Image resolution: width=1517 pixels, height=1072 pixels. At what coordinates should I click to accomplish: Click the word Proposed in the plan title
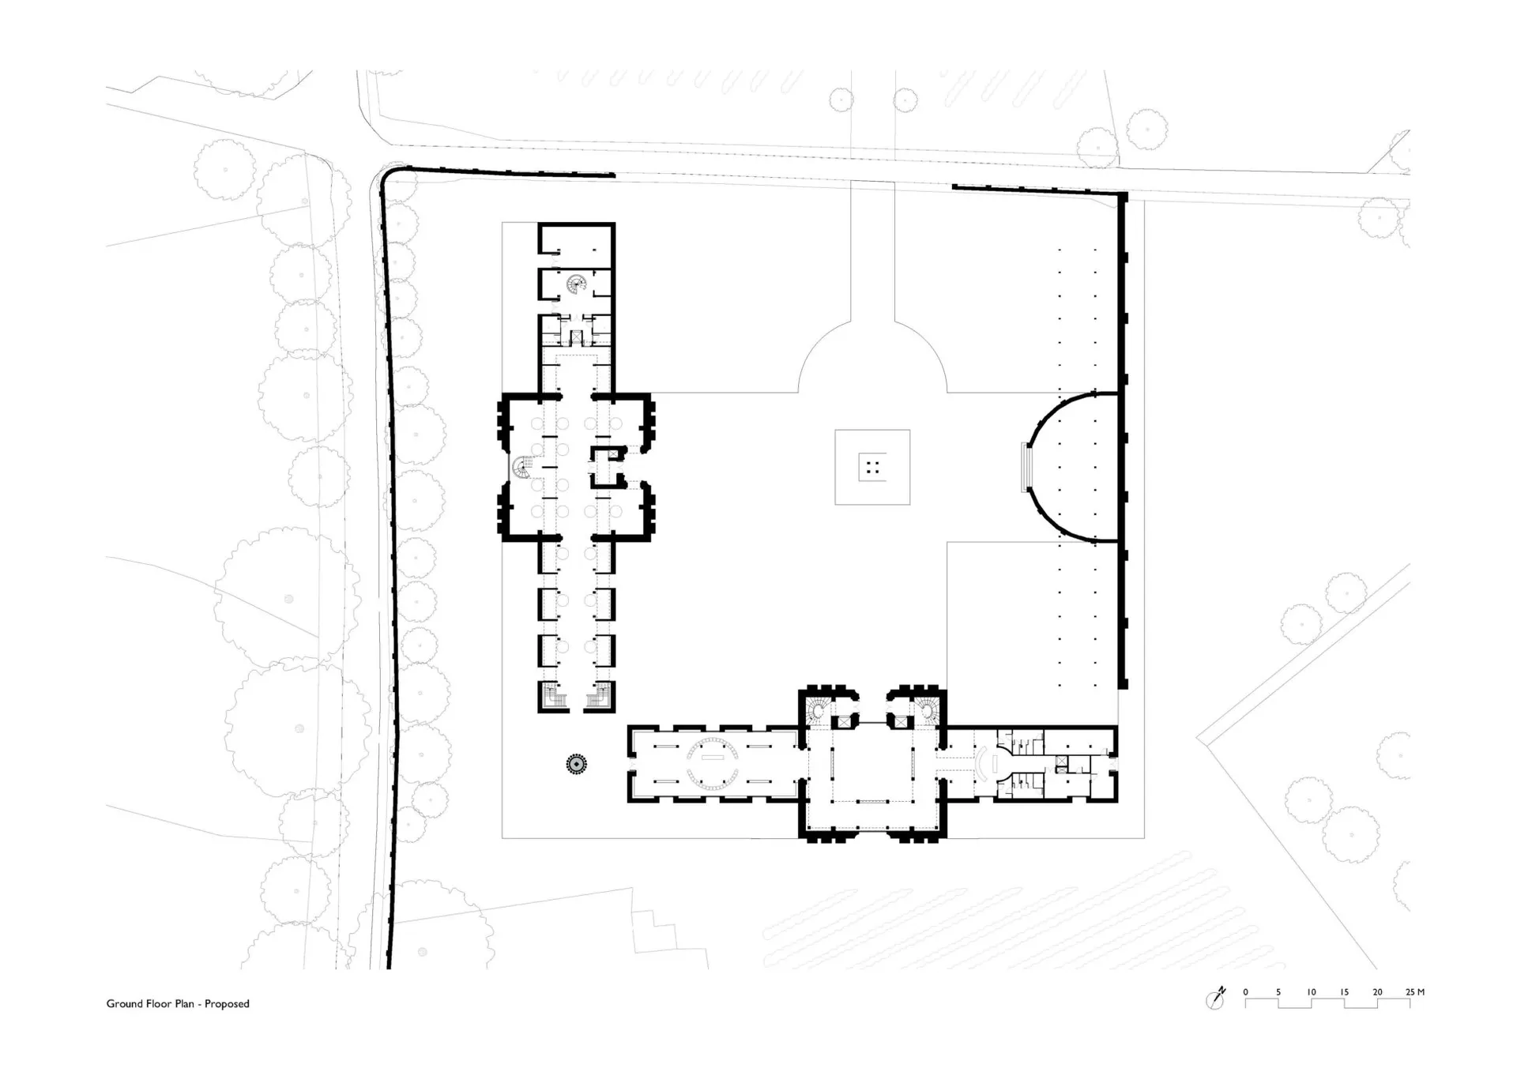pos(227,1004)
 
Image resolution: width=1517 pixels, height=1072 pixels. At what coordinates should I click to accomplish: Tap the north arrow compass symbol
pos(1216,999)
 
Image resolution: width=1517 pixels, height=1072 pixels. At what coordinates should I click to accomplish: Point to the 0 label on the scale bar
pos(1246,992)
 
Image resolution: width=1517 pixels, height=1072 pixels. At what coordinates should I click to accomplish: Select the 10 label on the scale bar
pos(1312,992)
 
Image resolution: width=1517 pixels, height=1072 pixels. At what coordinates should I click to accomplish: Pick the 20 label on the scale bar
pos(1378,992)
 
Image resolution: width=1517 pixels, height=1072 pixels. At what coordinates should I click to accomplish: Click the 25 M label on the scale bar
pos(1415,992)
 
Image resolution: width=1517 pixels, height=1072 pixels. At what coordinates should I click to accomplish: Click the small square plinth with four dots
pos(872,468)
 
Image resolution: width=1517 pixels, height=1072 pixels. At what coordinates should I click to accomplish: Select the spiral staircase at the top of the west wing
pos(577,283)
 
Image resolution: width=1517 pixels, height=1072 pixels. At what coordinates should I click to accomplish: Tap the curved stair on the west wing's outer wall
pos(521,468)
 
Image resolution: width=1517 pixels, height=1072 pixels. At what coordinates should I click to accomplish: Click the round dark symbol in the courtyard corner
pos(577,764)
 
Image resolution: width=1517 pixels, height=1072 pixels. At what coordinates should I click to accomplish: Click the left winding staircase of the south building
pos(817,710)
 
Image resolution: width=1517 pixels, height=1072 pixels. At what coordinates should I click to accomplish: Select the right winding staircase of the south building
pos(925,710)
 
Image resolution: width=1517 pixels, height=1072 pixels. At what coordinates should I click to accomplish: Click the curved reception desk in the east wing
pos(982,763)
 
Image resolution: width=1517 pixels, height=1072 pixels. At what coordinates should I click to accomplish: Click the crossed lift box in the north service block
pos(577,337)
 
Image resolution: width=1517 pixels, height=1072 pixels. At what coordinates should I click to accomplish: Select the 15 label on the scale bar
pos(1345,992)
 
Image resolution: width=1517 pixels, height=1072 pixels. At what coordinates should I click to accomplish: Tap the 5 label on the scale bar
pos(1278,992)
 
